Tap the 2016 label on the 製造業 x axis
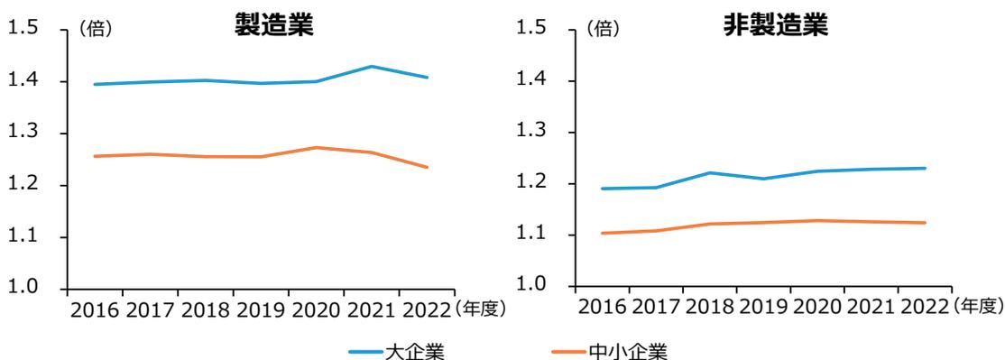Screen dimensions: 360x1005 point(95,311)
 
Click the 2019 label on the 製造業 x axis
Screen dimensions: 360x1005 point(261,311)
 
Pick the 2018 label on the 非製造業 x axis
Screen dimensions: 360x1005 point(709,309)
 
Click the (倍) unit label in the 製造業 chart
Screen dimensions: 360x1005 point(96,30)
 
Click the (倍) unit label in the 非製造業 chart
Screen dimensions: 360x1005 point(603,30)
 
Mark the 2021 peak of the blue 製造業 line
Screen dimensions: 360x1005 point(372,66)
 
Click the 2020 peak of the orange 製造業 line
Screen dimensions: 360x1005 point(316,147)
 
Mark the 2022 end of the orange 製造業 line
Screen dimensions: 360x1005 point(427,167)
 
